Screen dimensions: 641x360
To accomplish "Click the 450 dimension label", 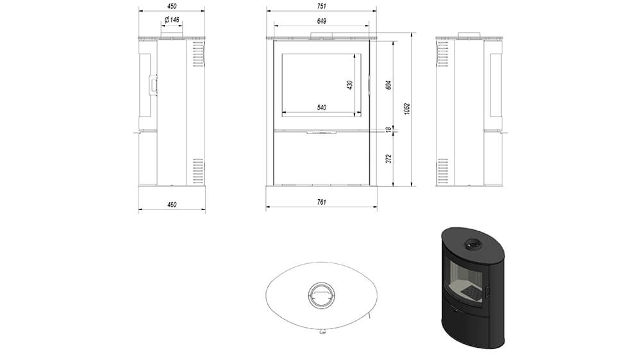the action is pos(172,6).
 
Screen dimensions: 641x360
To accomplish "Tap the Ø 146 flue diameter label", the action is pos(172,20).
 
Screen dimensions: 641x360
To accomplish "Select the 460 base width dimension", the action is pos(172,204).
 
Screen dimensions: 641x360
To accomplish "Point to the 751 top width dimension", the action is pos(322,6).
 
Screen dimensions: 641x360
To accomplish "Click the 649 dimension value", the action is pos(322,21).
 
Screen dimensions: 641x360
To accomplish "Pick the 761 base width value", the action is pos(322,202).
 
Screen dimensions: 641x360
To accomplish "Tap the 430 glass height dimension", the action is pos(349,85).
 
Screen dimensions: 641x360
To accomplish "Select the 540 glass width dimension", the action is pos(322,108).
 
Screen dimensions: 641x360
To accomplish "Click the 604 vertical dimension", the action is pos(389,85).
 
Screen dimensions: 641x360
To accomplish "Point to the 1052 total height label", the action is pos(407,109).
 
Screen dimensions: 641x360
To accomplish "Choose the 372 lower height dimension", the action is pos(389,159).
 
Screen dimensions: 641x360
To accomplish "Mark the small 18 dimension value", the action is pos(389,130).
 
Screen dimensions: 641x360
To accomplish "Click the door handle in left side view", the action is pos(153,85).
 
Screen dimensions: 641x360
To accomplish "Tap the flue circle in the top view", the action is pos(321,295).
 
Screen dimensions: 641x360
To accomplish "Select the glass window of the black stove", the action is pos(467,281).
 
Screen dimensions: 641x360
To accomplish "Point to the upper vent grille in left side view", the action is pos(197,54).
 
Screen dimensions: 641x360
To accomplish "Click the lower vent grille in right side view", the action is pos(443,171).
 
